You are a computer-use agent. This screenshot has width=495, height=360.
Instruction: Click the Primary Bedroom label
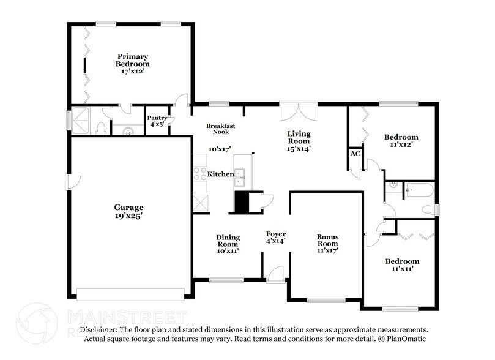[133, 64]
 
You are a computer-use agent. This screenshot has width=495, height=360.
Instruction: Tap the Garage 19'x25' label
[128, 211]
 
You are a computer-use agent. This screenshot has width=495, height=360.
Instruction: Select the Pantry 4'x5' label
[157, 121]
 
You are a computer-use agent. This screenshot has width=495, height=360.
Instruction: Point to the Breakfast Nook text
[220, 129]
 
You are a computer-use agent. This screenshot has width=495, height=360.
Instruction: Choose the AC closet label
[355, 154]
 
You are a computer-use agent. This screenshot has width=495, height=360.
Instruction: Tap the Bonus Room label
[327, 243]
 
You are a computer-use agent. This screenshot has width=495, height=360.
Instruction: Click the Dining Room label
[228, 244]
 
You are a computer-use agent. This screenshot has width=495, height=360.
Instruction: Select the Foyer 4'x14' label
[275, 238]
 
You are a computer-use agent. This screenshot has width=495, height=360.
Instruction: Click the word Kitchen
[220, 174]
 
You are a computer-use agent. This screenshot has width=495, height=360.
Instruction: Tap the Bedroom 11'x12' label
[401, 141]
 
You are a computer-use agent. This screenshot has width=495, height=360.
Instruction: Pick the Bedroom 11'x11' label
[402, 264]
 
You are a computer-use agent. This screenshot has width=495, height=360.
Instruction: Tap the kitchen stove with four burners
[200, 174]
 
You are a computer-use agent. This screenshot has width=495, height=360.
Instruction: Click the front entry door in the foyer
[276, 274]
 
